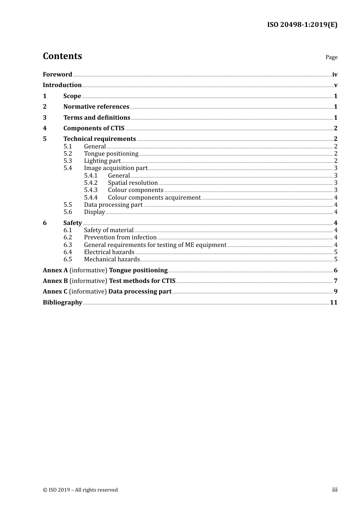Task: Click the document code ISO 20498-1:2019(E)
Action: [x=302, y=25]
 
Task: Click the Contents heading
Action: [x=62, y=56]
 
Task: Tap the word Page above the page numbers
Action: [x=331, y=57]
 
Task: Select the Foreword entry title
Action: [x=57, y=75]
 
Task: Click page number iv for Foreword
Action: [x=335, y=75]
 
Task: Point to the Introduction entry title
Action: [x=62, y=85]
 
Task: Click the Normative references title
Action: [x=96, y=107]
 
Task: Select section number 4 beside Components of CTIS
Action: [x=45, y=128]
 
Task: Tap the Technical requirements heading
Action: [x=99, y=139]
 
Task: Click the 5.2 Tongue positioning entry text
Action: [x=111, y=154]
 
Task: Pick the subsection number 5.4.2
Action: [x=91, y=183]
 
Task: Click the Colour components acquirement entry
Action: [x=154, y=198]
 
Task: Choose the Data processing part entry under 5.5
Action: [x=113, y=205]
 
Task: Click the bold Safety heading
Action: [x=72, y=223]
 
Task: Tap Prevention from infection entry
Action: [x=120, y=237]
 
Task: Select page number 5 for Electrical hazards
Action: [x=336, y=252]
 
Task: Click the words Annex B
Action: [x=55, y=281]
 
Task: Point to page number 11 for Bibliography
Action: [x=333, y=303]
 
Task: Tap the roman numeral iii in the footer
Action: [x=335, y=490]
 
